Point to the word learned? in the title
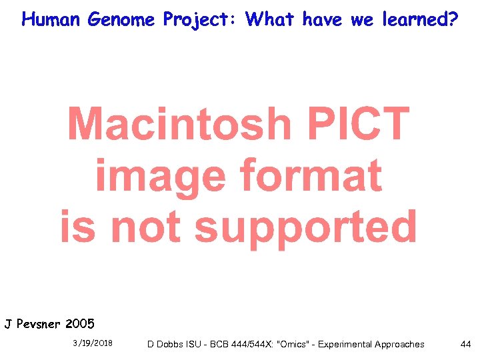(x=420, y=19)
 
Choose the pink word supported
(x=306, y=228)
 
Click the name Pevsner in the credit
(x=39, y=325)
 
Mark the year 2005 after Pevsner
(x=81, y=325)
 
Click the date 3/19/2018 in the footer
(x=93, y=343)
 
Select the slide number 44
(x=465, y=344)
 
